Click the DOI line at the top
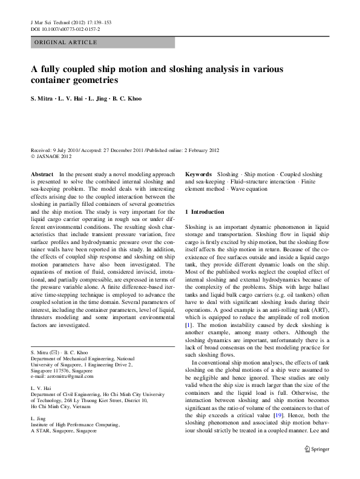[x=65, y=28]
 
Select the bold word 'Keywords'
[x=198, y=174]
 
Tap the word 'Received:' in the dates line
[x=42, y=150]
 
